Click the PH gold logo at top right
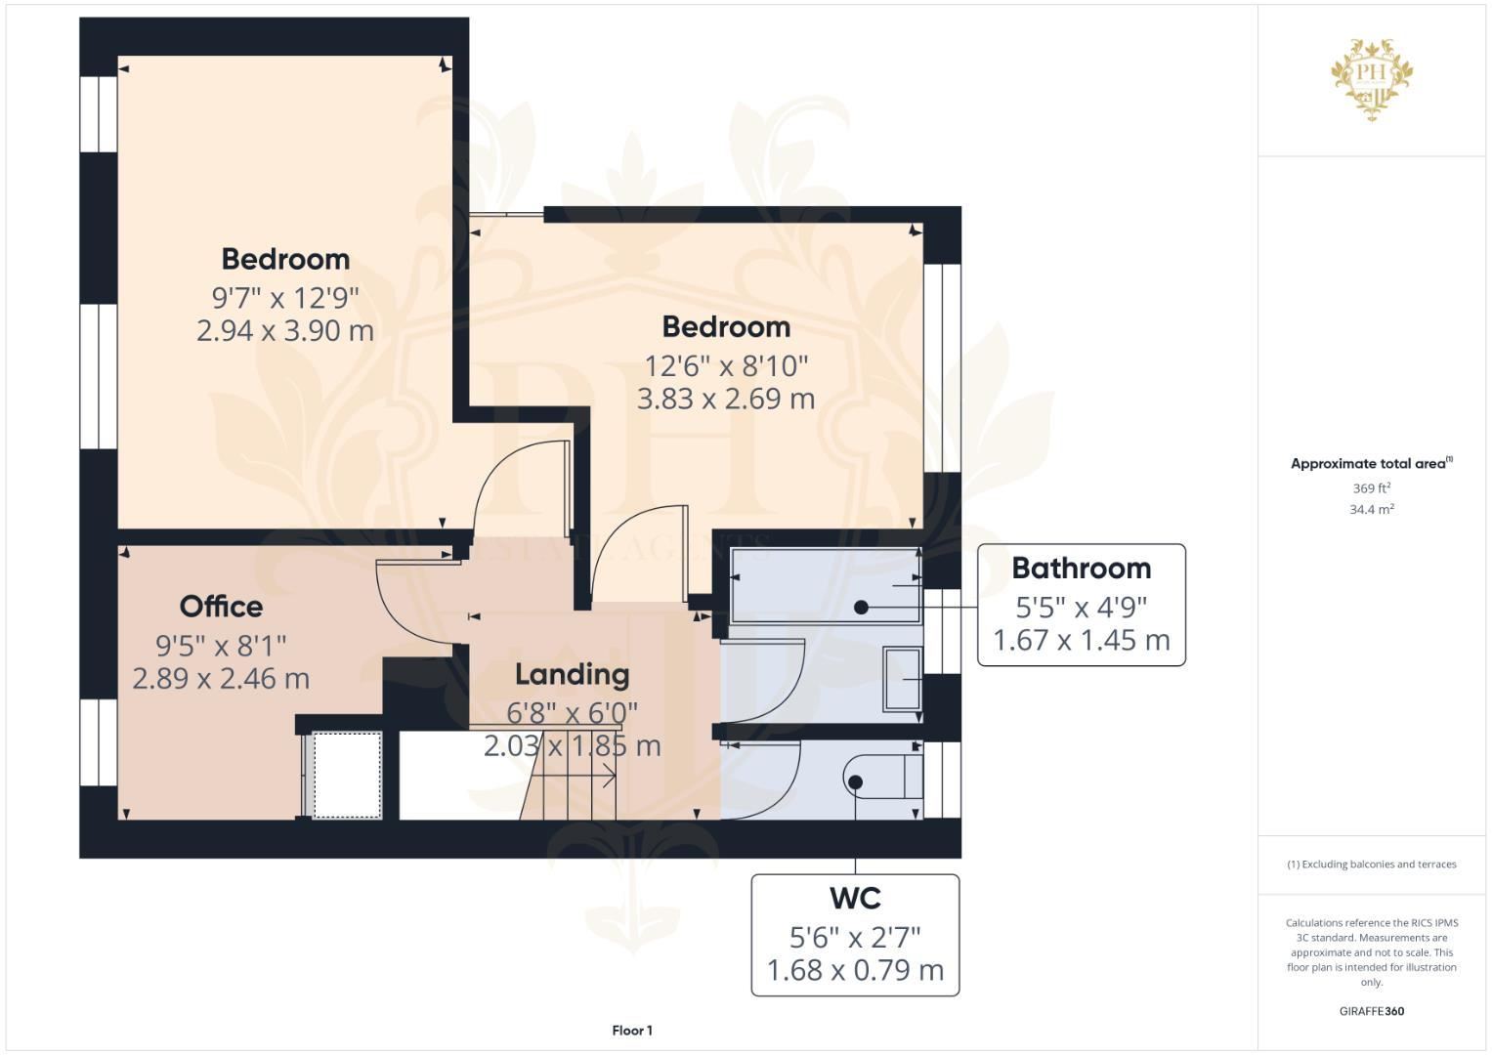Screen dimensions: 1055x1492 pyautogui.click(x=1372, y=78)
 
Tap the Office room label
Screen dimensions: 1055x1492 pyautogui.click(x=221, y=607)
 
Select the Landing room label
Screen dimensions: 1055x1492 pyautogui.click(x=572, y=674)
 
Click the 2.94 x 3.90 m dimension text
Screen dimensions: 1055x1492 pyautogui.click(x=284, y=330)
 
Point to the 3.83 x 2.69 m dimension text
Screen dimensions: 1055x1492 pyautogui.click(x=725, y=399)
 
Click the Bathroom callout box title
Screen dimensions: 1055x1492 pyautogui.click(x=1081, y=568)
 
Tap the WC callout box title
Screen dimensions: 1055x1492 pyautogui.click(x=854, y=898)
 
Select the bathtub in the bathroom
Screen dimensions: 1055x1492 pyautogui.click(x=826, y=585)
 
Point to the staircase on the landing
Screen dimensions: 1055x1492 pyautogui.click(x=572, y=777)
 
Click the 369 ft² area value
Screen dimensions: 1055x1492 pyautogui.click(x=1371, y=487)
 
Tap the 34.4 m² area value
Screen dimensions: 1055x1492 pyautogui.click(x=1371, y=509)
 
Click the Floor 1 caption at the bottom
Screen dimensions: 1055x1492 pyautogui.click(x=632, y=1030)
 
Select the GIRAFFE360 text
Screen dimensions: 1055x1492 pyautogui.click(x=1371, y=1011)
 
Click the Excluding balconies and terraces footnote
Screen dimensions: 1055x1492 pyautogui.click(x=1371, y=864)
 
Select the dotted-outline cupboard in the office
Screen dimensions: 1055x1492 pyautogui.click(x=345, y=775)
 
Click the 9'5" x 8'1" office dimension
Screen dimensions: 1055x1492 pyautogui.click(x=221, y=645)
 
